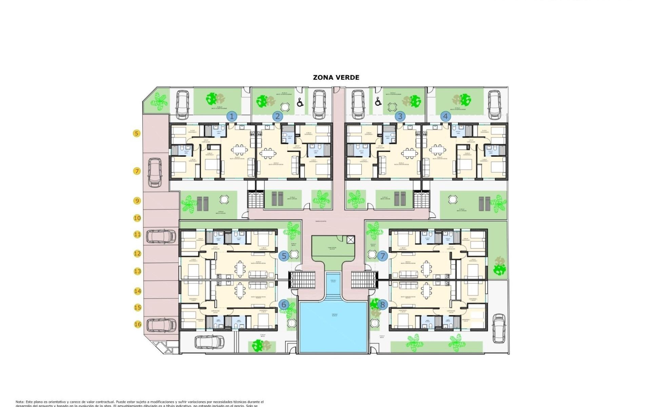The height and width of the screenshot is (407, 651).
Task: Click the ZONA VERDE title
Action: click(336, 77)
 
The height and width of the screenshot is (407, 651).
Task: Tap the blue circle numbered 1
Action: click(232, 117)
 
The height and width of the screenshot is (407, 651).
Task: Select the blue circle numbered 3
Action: click(400, 116)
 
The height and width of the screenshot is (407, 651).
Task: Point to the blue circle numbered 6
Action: click(284, 305)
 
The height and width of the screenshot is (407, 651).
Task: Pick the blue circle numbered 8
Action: click(382, 305)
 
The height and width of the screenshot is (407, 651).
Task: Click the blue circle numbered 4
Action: click(446, 116)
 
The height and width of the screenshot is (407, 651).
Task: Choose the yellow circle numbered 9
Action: click(137, 201)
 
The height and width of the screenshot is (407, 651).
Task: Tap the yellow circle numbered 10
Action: click(137, 218)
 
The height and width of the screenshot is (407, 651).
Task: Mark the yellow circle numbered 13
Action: click(137, 271)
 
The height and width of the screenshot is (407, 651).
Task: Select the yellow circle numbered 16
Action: click(137, 324)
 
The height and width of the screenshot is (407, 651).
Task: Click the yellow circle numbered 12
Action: click(137, 253)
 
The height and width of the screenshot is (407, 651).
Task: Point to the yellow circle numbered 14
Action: click(137, 291)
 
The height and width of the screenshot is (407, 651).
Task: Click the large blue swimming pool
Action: click(333, 327)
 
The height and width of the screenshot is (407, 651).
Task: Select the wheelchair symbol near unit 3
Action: click(378, 101)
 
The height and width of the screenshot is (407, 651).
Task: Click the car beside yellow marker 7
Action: click(154, 173)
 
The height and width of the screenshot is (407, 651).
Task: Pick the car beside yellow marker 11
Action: click(161, 236)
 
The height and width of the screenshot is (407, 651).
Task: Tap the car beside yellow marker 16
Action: click(161, 325)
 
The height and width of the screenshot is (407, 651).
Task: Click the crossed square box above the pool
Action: click(350, 240)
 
